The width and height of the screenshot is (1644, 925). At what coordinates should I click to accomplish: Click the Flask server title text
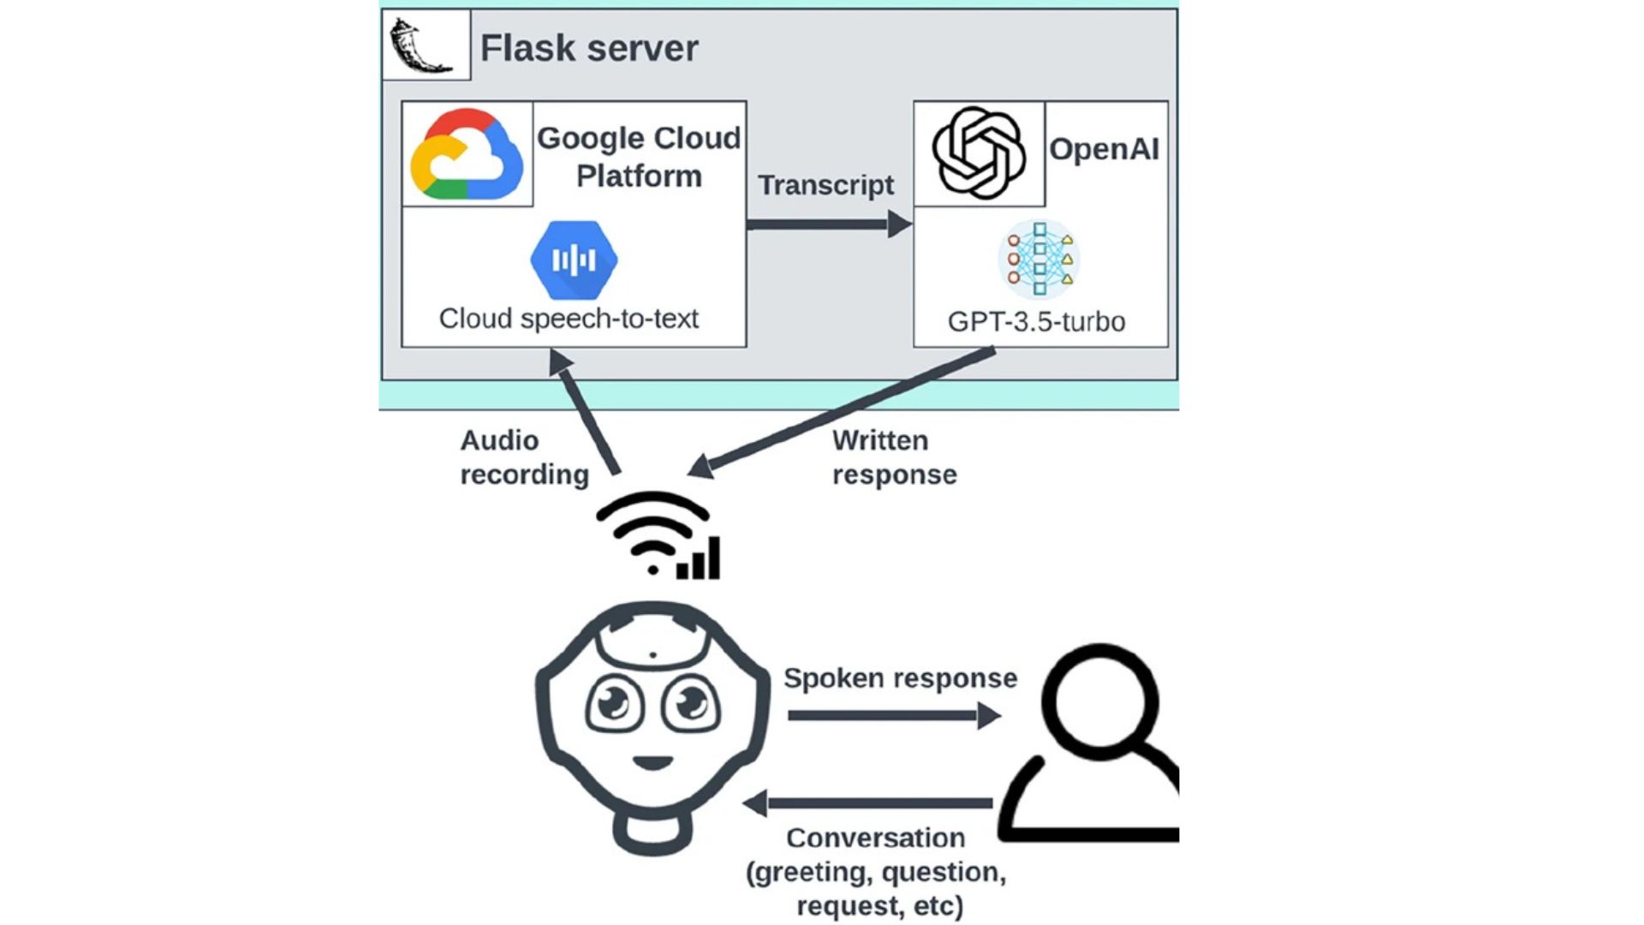(x=589, y=48)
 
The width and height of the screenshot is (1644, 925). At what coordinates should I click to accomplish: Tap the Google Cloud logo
(x=467, y=154)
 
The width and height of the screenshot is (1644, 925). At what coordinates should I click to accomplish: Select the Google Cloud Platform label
(x=639, y=157)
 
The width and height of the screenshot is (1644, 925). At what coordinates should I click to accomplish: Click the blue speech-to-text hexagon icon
(x=574, y=260)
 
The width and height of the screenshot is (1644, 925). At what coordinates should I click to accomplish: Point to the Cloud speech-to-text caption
(x=569, y=319)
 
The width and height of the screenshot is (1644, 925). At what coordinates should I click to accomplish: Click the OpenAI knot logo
(x=979, y=153)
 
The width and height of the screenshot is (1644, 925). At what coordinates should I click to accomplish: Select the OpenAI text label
(x=1104, y=149)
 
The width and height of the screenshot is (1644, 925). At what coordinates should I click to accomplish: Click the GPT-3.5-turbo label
(x=1036, y=322)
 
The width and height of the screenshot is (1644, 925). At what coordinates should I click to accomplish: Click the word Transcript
(x=825, y=185)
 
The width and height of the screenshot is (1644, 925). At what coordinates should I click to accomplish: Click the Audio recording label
(x=524, y=457)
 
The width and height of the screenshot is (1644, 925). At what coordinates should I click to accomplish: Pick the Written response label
(x=894, y=457)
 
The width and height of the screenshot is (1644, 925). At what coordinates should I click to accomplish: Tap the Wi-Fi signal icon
(x=658, y=535)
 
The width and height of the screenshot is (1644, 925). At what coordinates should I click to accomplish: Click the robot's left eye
(x=614, y=704)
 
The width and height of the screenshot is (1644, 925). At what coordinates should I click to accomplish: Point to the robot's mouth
(x=652, y=761)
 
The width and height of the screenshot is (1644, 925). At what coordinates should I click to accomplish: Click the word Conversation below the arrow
(x=875, y=838)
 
